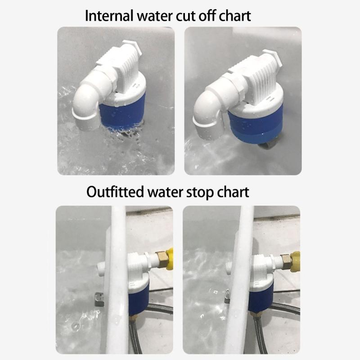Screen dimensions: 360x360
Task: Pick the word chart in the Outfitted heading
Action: pos(232,192)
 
